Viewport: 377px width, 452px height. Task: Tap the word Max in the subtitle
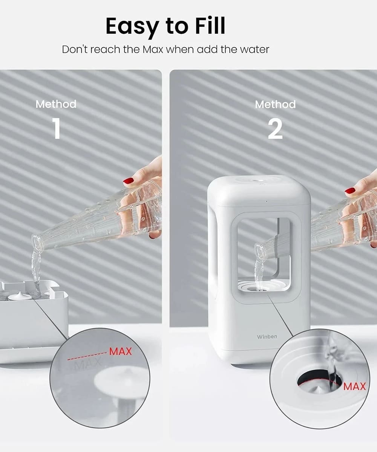[153, 50]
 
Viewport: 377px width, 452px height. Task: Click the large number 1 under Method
[56, 128]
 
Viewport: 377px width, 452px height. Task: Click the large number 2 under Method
[275, 129]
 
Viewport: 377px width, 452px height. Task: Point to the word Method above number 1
[56, 104]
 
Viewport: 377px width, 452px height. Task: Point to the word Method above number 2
[275, 104]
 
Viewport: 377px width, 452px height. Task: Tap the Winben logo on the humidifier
[267, 337]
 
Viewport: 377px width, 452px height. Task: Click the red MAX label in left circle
[121, 351]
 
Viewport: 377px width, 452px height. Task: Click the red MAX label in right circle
[354, 386]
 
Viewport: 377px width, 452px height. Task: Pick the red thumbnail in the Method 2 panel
[350, 190]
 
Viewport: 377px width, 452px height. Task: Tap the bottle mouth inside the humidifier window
[259, 250]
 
